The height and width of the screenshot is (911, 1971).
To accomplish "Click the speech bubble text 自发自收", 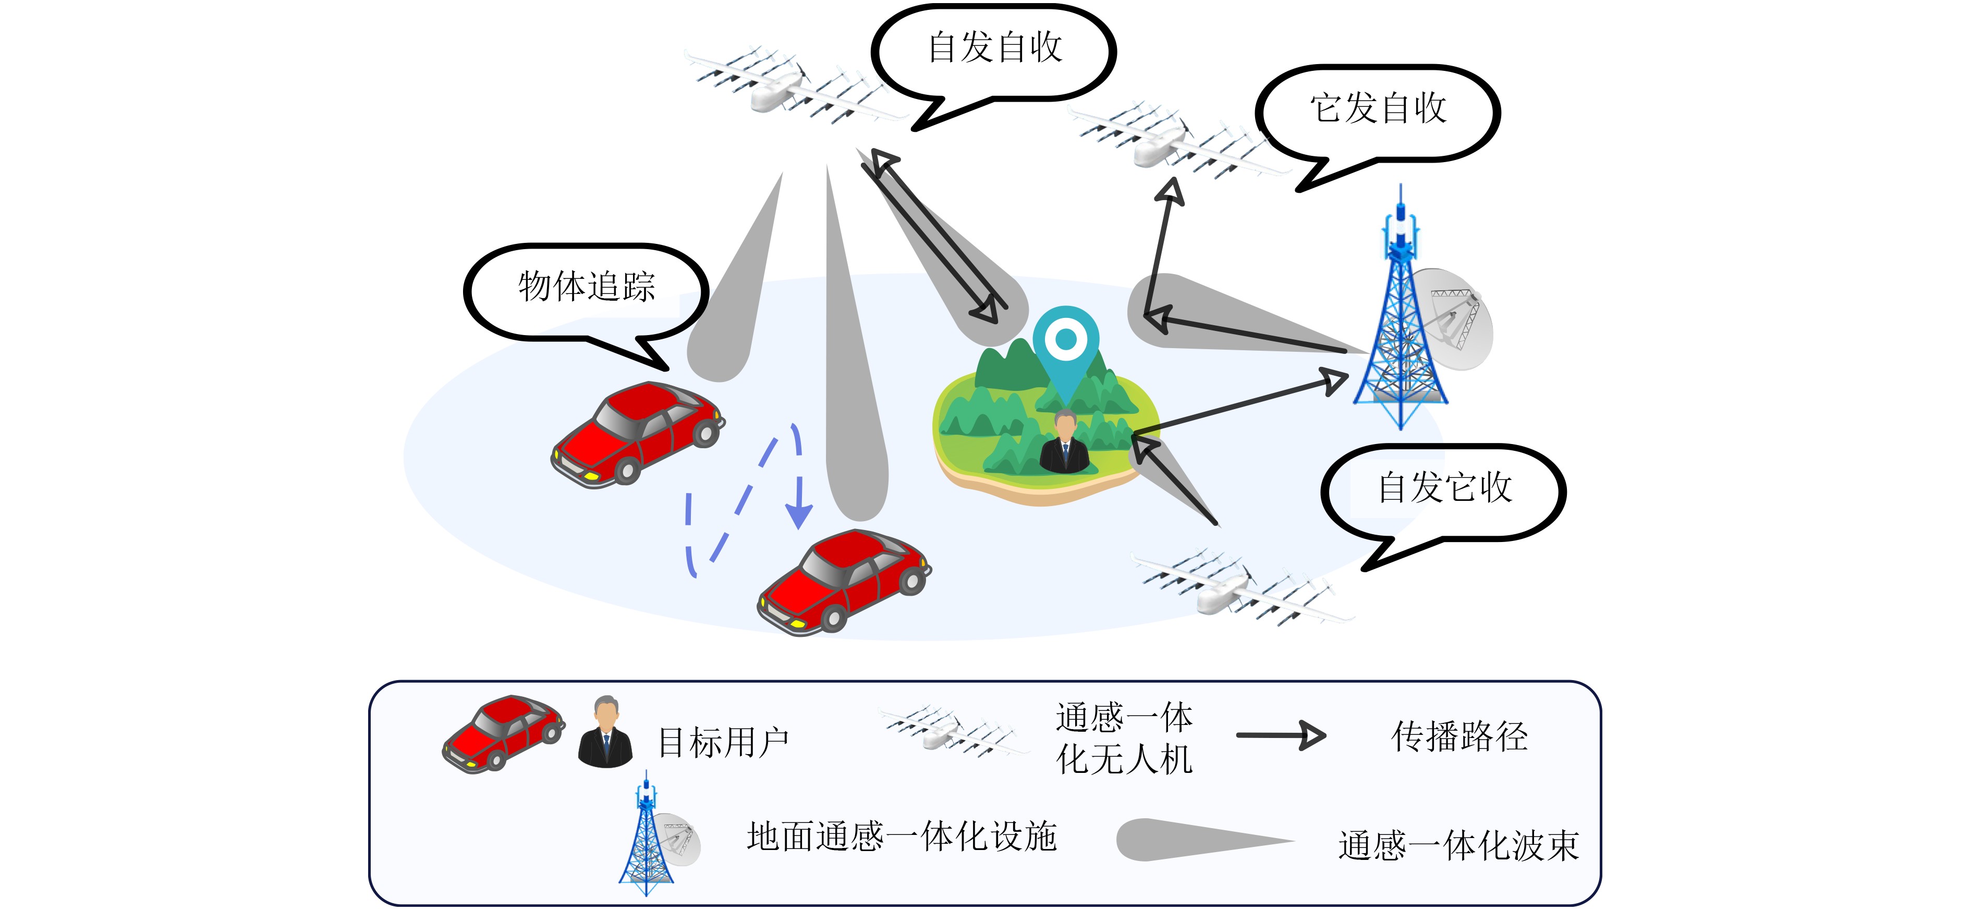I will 995,47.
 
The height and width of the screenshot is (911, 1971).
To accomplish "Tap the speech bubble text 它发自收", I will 1378,108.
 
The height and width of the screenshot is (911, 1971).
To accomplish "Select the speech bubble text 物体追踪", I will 587,287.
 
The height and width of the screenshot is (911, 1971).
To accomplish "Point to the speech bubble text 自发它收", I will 1444,488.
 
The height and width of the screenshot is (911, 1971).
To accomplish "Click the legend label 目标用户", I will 723,743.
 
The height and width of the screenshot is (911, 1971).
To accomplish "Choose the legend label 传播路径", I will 1459,736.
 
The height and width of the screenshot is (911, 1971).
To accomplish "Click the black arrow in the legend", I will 1281,736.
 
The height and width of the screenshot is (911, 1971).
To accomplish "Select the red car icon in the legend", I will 503,733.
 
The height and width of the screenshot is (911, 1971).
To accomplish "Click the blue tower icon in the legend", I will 647,838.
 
